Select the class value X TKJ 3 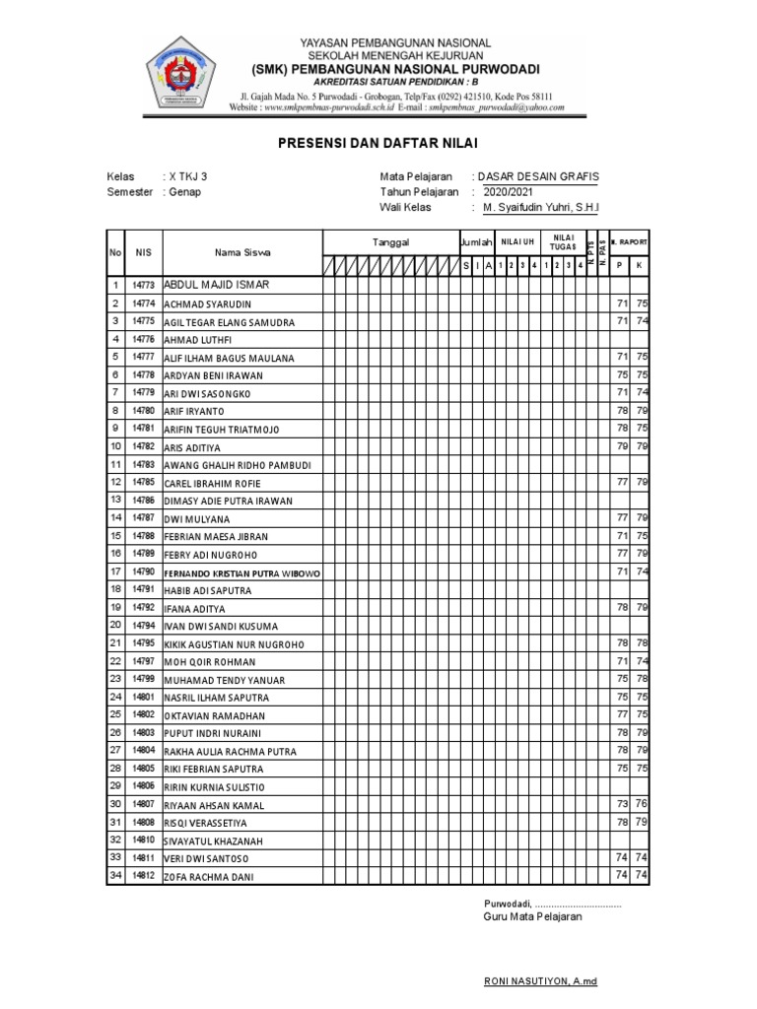click(188, 177)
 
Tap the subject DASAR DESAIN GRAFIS click(538, 177)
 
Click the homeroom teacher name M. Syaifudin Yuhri click(539, 208)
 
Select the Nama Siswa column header click(242, 253)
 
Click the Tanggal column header click(390, 242)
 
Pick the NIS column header click(143, 253)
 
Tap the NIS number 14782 click(143, 446)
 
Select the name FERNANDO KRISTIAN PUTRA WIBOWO click(241, 572)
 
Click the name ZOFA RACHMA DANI click(208, 876)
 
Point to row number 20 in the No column click(115, 625)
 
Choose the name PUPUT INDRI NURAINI click(212, 733)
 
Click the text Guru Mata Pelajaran click(532, 916)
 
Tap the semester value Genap click(184, 192)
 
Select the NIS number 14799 click(143, 679)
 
